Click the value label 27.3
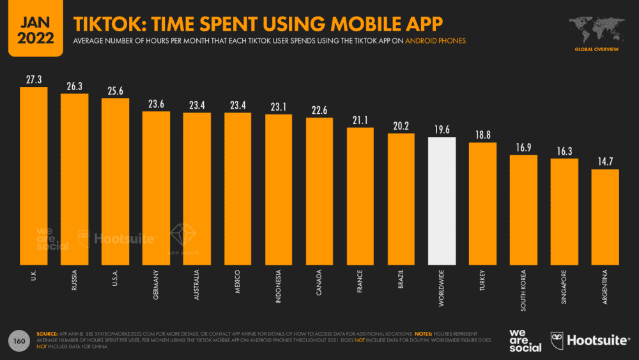(x=33, y=79)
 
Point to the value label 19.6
(x=442, y=130)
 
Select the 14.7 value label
(x=605, y=161)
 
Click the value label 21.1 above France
(x=360, y=120)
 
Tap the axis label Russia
(x=75, y=281)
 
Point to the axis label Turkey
(x=483, y=282)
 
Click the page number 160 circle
(x=20, y=341)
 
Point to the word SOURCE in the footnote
(x=47, y=334)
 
